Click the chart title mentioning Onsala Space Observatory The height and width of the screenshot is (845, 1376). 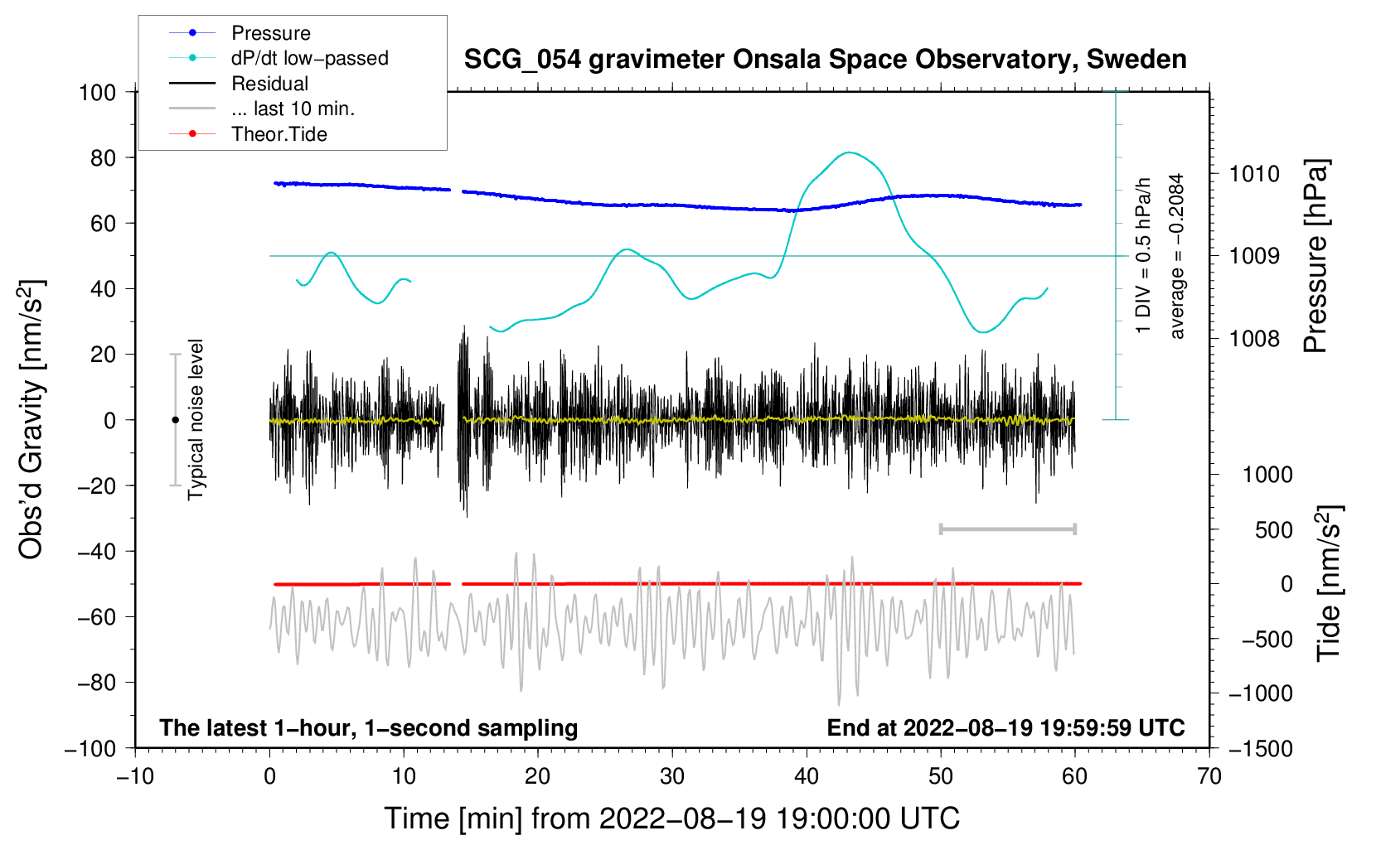point(825,60)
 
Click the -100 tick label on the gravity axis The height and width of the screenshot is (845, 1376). point(91,749)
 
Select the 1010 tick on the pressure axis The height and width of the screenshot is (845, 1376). point(1254,174)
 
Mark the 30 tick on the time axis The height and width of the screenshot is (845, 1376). point(672,776)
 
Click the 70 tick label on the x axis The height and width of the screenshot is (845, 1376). point(1209,776)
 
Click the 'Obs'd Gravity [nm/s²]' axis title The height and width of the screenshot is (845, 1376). point(31,419)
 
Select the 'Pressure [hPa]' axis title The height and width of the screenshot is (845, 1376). point(1315,256)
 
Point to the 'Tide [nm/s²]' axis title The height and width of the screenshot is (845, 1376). point(1329,583)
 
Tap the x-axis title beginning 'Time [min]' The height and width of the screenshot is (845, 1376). point(672,818)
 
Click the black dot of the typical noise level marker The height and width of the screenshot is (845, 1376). point(175,420)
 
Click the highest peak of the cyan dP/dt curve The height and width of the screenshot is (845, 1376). point(848,152)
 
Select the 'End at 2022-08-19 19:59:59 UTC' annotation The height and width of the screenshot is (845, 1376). point(1005,727)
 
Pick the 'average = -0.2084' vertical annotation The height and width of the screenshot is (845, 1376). point(1176,256)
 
